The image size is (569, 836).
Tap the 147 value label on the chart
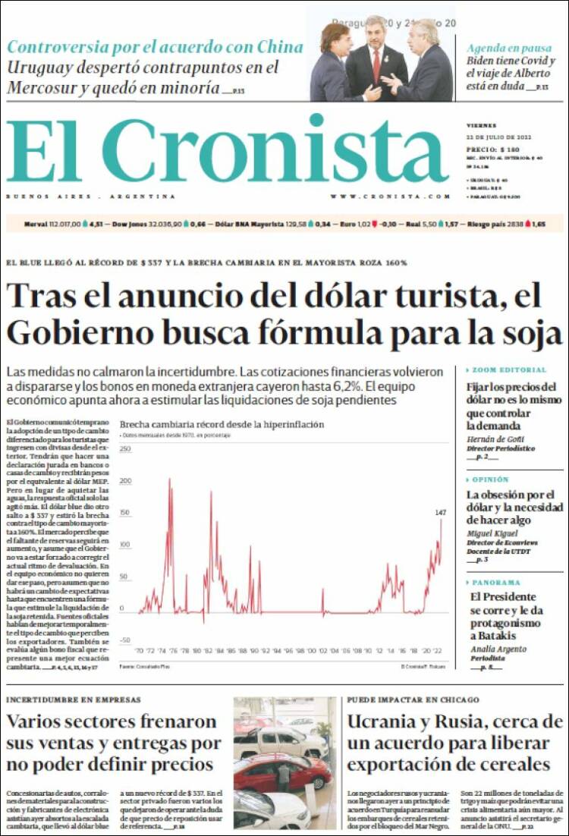[x=441, y=514]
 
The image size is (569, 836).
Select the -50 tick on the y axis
[x=126, y=640]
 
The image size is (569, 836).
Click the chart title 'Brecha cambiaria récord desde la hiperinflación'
[x=222, y=425]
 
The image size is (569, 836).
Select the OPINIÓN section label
[x=491, y=480]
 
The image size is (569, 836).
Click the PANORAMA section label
[x=496, y=583]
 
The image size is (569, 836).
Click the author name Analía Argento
[x=498, y=649]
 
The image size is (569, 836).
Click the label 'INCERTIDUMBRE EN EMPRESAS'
[x=74, y=699]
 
